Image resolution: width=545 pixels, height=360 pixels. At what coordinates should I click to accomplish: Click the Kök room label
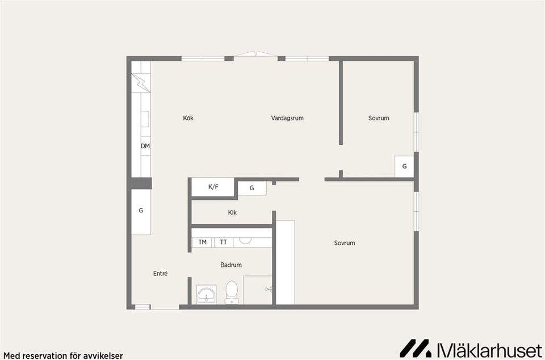coord(188,118)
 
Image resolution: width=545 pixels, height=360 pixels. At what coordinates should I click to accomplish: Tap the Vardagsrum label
coord(287,118)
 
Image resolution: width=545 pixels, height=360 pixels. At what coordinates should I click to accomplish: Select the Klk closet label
coord(232,213)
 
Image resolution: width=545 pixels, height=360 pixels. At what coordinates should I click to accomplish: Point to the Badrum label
coord(231,265)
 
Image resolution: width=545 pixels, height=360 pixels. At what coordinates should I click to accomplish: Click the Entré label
coord(160,273)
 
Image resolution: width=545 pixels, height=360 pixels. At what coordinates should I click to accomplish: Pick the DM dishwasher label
coord(145,146)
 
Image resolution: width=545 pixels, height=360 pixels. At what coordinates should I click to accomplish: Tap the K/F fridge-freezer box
coord(213,187)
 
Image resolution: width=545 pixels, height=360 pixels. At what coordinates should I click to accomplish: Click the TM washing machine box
coord(202,242)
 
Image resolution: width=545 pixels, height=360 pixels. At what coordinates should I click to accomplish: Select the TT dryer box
coord(223,242)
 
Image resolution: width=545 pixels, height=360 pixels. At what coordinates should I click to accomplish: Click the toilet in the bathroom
coord(232,292)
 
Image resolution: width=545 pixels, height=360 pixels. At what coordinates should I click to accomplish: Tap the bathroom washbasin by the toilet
coord(206,295)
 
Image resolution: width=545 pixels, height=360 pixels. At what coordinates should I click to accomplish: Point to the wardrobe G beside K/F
coord(251,188)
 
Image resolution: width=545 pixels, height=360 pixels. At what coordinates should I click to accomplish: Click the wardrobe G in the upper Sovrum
coord(404,166)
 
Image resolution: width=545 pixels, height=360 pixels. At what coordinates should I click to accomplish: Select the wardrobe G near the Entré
coord(141,211)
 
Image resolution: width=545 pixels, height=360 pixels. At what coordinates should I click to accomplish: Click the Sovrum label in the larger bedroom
coord(344,243)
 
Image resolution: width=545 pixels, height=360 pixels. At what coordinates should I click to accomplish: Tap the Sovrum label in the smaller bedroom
coord(379,118)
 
